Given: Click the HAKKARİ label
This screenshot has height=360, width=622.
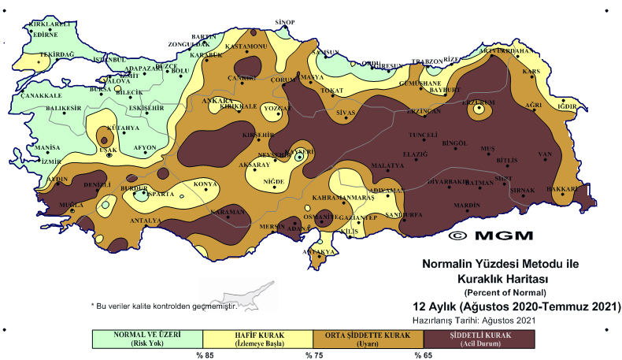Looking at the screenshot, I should point(561,189).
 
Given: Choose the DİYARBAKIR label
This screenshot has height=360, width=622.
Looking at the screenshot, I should point(447,181).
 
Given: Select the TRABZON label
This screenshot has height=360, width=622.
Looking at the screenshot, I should point(428,61).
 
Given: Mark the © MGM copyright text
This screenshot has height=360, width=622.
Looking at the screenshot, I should point(490,235).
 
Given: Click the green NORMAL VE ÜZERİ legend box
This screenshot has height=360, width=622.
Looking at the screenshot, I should point(147,338).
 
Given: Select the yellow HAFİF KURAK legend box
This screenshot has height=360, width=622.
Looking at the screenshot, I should point(258,338).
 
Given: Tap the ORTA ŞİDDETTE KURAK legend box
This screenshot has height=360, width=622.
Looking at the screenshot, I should point(368,338).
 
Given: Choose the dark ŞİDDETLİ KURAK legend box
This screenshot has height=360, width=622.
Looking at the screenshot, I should point(479,338).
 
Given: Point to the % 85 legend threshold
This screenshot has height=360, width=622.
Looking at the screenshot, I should point(205,355).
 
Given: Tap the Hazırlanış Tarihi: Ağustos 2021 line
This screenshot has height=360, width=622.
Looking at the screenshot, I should point(474,320).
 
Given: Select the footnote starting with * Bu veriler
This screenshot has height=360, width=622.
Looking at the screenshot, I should point(164,305).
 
